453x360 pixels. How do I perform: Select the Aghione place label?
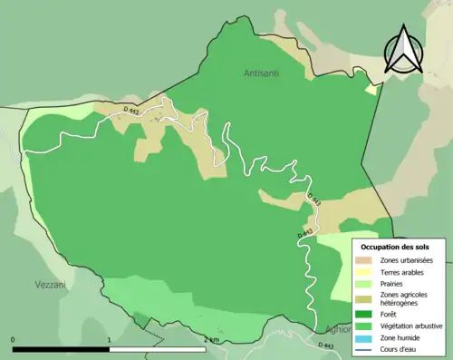[333, 331]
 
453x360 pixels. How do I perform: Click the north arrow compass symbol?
[401, 49]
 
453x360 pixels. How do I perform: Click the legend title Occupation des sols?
[395, 247]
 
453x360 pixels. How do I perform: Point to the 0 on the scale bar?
[14, 340]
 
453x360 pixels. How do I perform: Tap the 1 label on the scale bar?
[110, 340]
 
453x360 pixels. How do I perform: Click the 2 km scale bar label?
[211, 340]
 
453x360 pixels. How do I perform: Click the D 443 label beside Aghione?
[327, 345]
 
